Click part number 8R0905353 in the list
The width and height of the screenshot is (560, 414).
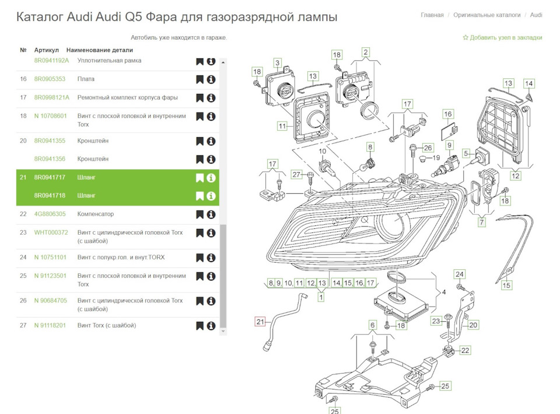click(x=50, y=79)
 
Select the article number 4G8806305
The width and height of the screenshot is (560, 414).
click(x=50, y=214)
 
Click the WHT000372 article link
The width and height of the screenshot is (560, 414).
click(x=51, y=232)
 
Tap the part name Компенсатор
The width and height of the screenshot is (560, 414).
click(x=95, y=214)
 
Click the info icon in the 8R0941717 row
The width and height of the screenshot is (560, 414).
click(x=211, y=178)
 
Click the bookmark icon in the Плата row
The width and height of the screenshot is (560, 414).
click(x=199, y=79)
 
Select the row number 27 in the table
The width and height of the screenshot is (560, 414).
click(x=23, y=325)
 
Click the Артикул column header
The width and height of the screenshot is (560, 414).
click(x=46, y=50)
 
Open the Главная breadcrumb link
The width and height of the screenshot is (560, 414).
click(x=432, y=15)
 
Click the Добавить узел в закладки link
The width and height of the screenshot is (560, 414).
click(x=502, y=37)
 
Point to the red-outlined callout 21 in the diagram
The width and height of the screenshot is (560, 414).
click(x=260, y=321)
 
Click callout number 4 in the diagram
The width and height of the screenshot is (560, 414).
click(x=443, y=292)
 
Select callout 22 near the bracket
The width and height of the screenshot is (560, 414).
click(x=465, y=350)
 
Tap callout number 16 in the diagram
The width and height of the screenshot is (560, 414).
click(x=447, y=114)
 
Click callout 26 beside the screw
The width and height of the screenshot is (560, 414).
click(x=428, y=148)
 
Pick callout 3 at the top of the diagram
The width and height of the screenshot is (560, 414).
click(x=278, y=62)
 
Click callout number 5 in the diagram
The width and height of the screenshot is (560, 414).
click(x=466, y=153)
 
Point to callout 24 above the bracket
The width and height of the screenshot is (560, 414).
click(x=460, y=274)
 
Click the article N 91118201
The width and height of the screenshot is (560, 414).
click(x=50, y=325)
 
